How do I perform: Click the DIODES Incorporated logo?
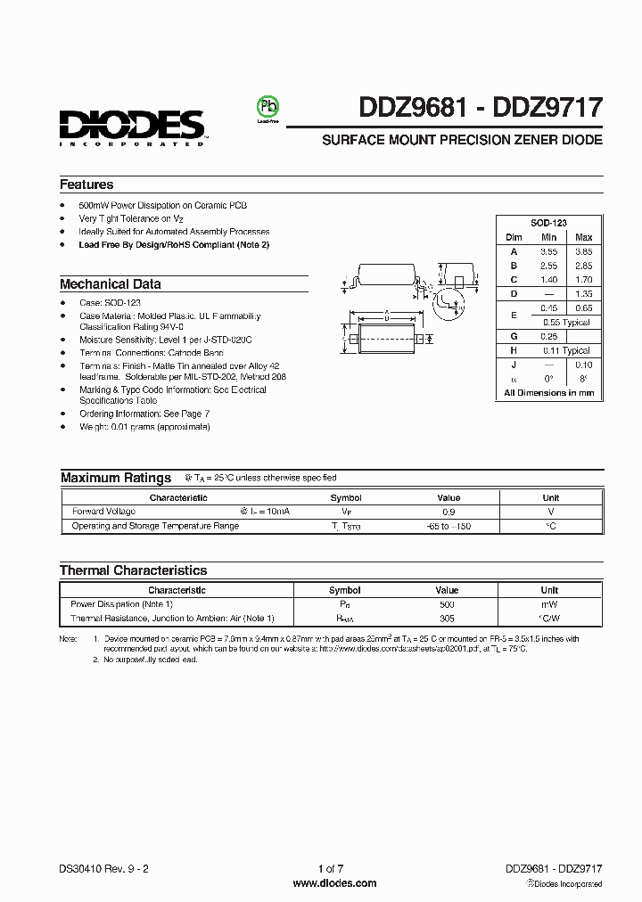(132, 127)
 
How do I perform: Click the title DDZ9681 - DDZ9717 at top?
(480, 109)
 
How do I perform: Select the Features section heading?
(86, 184)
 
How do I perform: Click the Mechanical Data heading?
(111, 284)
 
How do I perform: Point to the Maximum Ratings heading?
(116, 478)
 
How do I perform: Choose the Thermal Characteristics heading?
(133, 570)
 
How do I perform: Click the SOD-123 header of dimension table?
(549, 223)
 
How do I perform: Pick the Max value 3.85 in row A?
(583, 251)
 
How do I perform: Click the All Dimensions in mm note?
(549, 392)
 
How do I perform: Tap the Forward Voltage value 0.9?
(449, 512)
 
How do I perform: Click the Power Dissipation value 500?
(447, 603)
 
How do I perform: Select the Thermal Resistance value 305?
(447, 618)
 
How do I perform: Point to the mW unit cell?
(549, 603)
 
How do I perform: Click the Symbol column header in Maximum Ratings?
(346, 498)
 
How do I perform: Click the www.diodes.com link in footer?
(334, 883)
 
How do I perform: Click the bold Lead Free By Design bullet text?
(174, 244)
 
